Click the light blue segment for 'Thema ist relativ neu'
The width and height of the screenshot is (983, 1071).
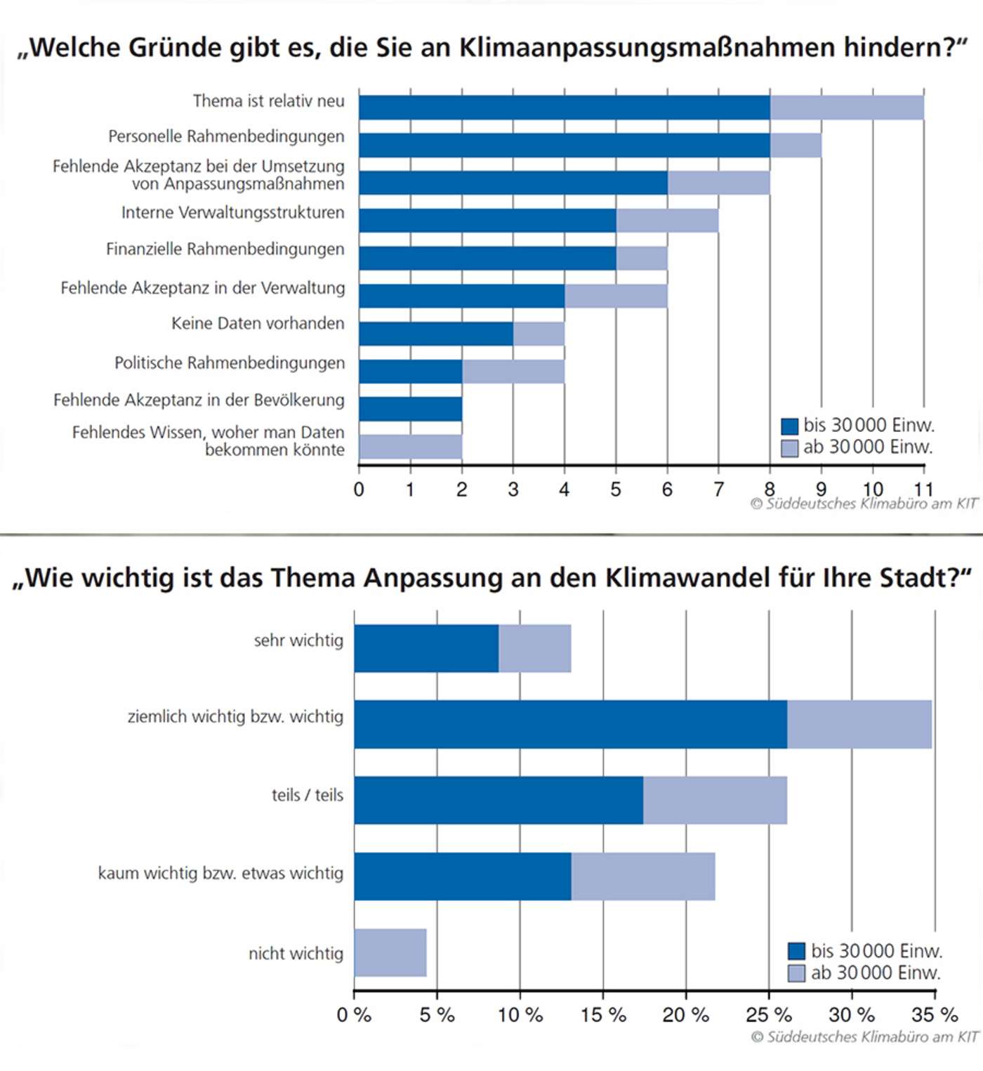(x=847, y=107)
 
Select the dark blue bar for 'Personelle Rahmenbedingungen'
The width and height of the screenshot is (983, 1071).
(x=564, y=145)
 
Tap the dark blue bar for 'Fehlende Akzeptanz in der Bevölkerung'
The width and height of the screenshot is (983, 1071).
(x=410, y=409)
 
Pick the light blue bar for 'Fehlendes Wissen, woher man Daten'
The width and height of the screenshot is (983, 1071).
(x=410, y=447)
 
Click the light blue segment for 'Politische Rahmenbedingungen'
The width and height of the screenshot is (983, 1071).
(x=513, y=372)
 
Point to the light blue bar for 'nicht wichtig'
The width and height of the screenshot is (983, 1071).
(x=390, y=952)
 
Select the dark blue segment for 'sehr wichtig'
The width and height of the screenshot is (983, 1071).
(x=426, y=648)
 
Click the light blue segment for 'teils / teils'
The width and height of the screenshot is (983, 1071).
(x=715, y=800)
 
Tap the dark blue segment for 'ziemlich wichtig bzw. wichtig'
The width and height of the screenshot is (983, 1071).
(x=570, y=724)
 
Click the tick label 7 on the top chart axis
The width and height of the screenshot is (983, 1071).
(x=718, y=489)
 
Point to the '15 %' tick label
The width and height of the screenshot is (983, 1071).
(x=603, y=1015)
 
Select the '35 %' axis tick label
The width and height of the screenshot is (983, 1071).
(x=935, y=1015)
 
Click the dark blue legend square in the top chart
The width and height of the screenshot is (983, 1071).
(x=790, y=426)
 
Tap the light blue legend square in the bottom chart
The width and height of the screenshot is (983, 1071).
(x=796, y=973)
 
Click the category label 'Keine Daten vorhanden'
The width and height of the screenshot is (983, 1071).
(x=258, y=324)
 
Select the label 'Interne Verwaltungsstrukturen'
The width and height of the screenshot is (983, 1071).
(x=232, y=213)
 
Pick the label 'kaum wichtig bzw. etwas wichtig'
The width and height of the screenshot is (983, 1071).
(x=220, y=874)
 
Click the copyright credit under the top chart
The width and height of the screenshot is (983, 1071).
(x=864, y=504)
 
